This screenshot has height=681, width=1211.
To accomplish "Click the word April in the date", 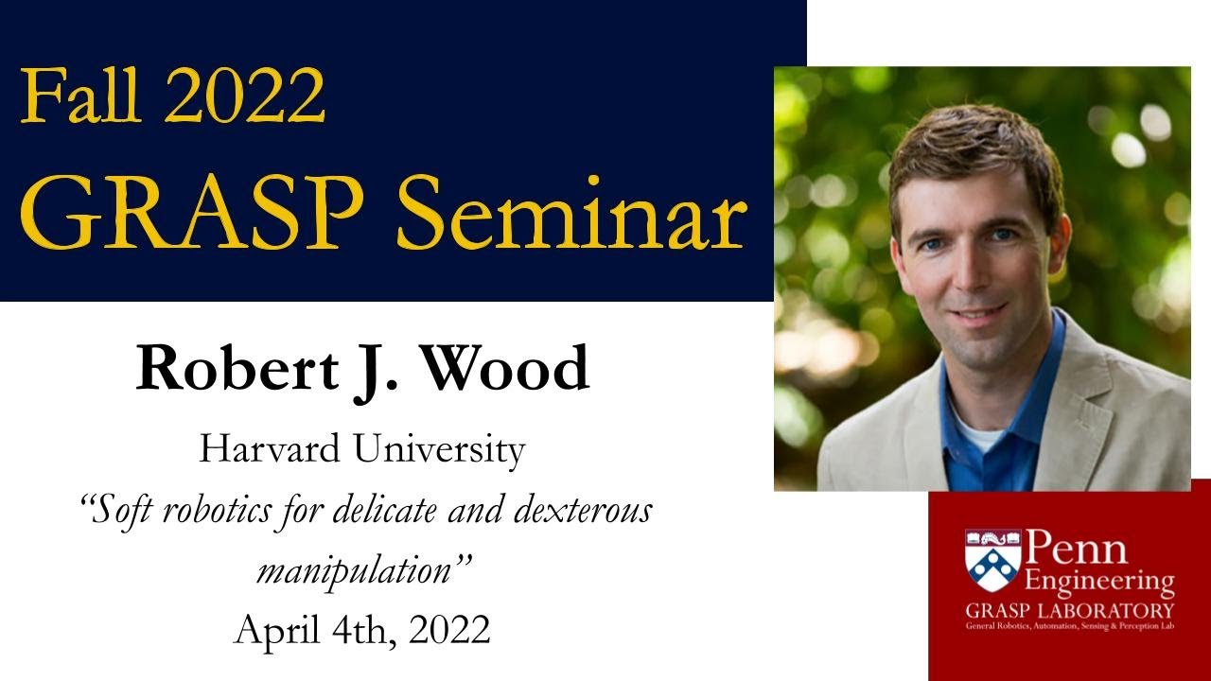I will click(x=274, y=629).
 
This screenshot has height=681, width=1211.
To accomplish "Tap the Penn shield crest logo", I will click(x=992, y=560).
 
